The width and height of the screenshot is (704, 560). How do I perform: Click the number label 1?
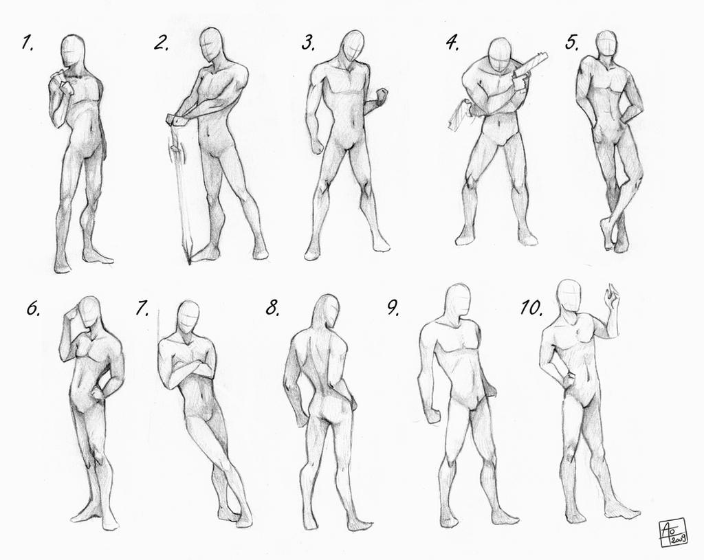click(x=27, y=44)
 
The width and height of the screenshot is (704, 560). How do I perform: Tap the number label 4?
click(x=452, y=43)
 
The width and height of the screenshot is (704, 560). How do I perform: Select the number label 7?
click(x=142, y=309)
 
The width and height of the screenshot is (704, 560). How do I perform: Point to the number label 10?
click(x=531, y=308)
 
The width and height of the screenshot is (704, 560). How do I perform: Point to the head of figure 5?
click(x=606, y=44)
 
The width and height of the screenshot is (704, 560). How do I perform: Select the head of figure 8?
click(x=328, y=311)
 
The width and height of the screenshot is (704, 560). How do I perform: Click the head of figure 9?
click(x=457, y=300)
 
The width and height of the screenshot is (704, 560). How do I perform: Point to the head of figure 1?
click(x=72, y=51)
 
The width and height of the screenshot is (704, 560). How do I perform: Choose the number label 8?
click(x=272, y=309)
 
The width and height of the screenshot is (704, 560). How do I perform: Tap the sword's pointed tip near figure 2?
click(x=188, y=261)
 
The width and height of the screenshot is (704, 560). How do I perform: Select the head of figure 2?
click(x=211, y=45)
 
